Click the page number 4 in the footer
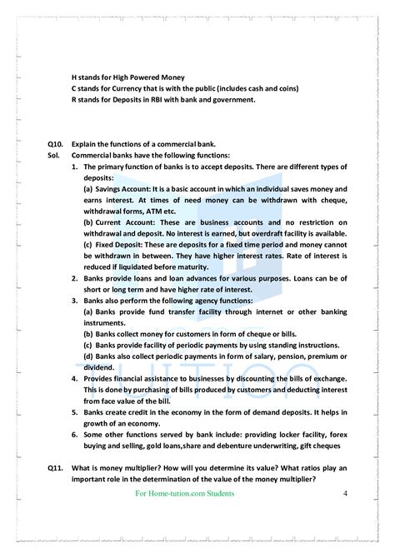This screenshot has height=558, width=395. pos(345,494)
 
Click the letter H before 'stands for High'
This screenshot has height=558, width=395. pos(75,77)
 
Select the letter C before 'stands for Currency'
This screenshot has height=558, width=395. pos(75,89)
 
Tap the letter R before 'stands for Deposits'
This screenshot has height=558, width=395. pos(75,101)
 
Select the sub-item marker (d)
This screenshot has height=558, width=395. pos(87,355)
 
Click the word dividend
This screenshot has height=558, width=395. pos(102,366)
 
